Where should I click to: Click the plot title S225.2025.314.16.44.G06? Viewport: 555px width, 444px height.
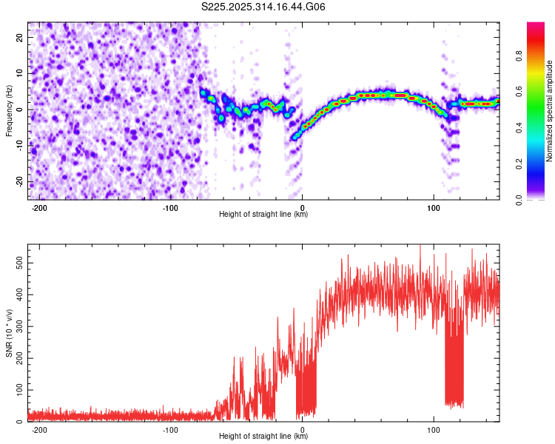(x=263, y=7)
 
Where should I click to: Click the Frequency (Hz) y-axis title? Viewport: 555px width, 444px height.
(x=9, y=111)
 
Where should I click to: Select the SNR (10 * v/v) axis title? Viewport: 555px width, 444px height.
(x=9, y=333)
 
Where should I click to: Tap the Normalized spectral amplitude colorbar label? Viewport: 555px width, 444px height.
(x=549, y=111)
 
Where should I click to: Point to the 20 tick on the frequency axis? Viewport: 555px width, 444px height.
(x=19, y=37)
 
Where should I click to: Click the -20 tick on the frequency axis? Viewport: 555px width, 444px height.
(x=19, y=181)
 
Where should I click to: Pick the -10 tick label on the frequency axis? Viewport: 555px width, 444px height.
(x=19, y=145)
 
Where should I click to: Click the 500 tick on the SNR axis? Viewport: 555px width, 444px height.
(x=19, y=263)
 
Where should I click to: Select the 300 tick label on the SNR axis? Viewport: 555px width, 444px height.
(x=19, y=326)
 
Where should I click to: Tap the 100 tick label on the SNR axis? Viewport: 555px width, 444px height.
(x=19, y=390)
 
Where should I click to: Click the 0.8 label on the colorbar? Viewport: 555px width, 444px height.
(x=519, y=56)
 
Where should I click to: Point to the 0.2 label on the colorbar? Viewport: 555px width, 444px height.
(x=519, y=164)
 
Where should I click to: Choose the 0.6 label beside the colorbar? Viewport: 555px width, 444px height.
(x=519, y=92)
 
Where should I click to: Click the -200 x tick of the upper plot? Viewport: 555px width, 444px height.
(x=39, y=208)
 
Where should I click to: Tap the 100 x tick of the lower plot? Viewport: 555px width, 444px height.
(x=434, y=430)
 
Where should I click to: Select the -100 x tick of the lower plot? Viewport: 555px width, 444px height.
(x=170, y=430)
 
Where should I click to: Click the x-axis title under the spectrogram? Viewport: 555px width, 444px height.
(x=263, y=214)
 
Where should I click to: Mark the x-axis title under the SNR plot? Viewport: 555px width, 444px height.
(x=263, y=436)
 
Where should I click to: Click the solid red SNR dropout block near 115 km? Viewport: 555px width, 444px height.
(x=454, y=369)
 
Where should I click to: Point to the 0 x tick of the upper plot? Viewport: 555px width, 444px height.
(x=302, y=208)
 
